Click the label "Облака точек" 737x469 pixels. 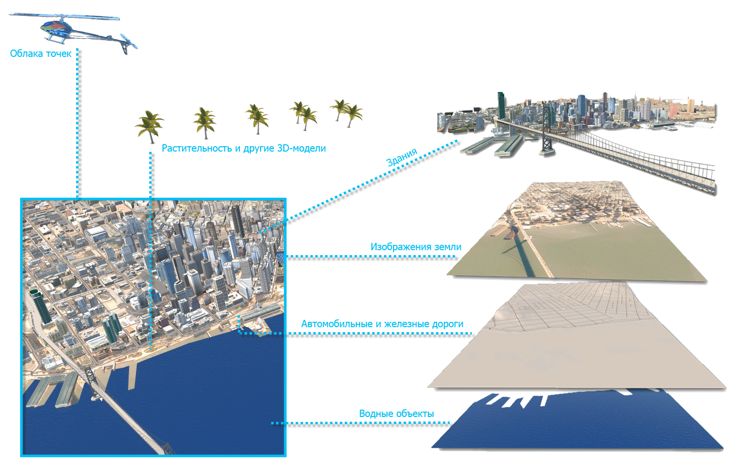click(41, 53)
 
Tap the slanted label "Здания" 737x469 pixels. click(401, 157)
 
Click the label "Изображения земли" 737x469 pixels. click(416, 247)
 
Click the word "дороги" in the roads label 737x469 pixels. click(447, 324)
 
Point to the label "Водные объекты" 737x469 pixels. click(396, 414)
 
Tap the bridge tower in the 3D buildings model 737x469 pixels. click(546, 132)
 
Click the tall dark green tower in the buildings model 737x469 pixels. click(501, 105)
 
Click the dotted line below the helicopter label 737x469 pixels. click(78, 123)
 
